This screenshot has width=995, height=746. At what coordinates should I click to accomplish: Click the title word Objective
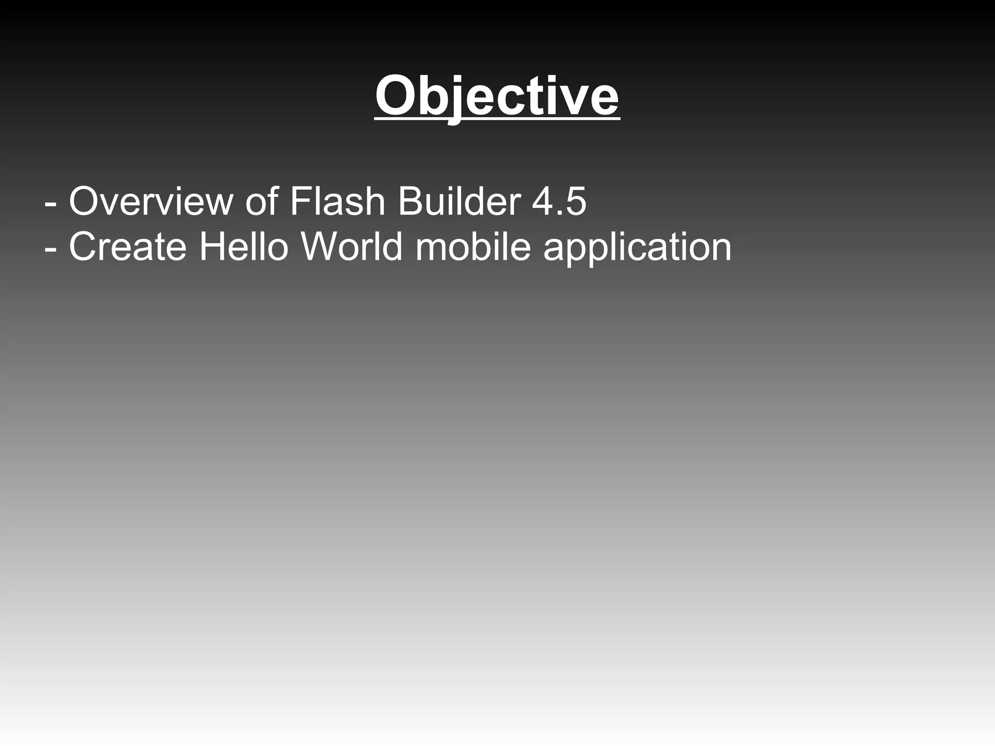[497, 96]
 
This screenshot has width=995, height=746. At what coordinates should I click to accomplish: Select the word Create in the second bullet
[127, 247]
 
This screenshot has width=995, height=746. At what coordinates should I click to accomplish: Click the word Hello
[244, 247]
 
